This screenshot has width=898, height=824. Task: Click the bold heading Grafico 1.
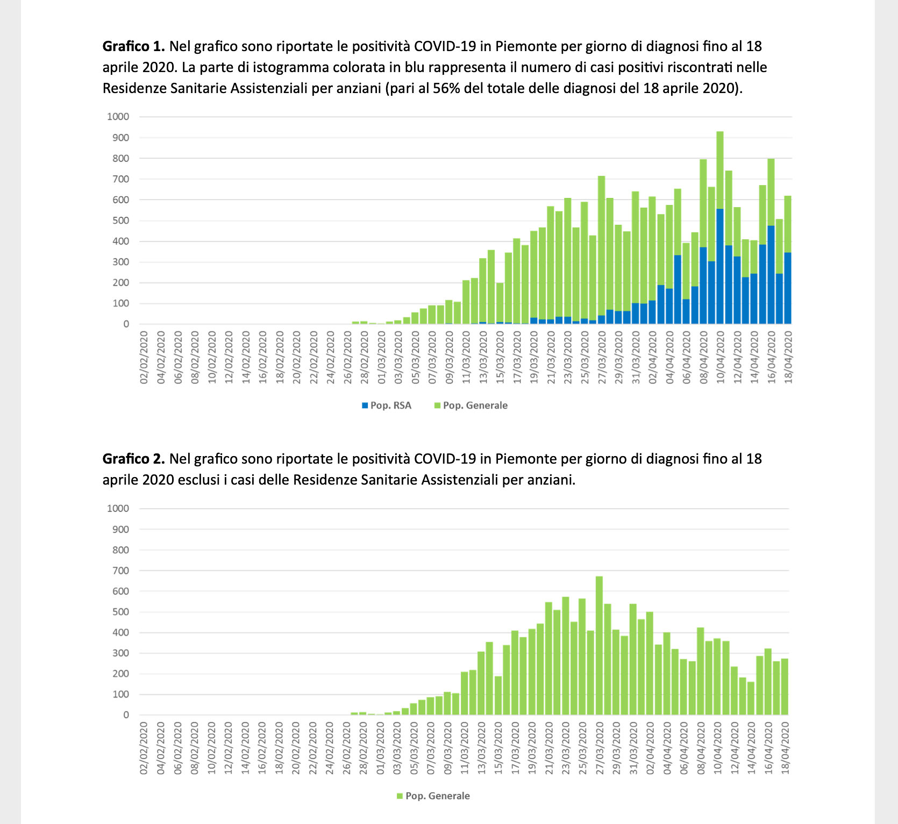[x=133, y=46]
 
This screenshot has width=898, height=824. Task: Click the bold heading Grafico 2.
[x=133, y=459]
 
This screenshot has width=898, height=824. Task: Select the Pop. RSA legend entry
[x=387, y=406]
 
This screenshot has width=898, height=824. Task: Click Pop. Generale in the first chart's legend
[x=471, y=406]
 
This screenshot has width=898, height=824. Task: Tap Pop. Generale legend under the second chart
[x=433, y=796]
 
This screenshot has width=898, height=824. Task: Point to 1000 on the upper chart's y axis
[x=118, y=117]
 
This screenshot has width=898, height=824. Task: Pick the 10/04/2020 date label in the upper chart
[x=721, y=358]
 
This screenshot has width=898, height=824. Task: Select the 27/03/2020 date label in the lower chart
[x=600, y=749]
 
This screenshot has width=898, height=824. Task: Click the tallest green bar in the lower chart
[x=599, y=645]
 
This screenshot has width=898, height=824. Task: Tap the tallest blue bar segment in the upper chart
[x=720, y=266]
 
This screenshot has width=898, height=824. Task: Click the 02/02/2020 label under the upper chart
[x=144, y=358]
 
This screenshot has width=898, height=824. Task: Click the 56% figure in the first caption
[x=444, y=88]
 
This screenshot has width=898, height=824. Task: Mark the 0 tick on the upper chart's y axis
[x=126, y=324]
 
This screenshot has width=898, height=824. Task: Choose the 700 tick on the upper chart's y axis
[x=121, y=179]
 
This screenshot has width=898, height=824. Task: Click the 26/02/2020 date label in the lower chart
[x=347, y=749]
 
